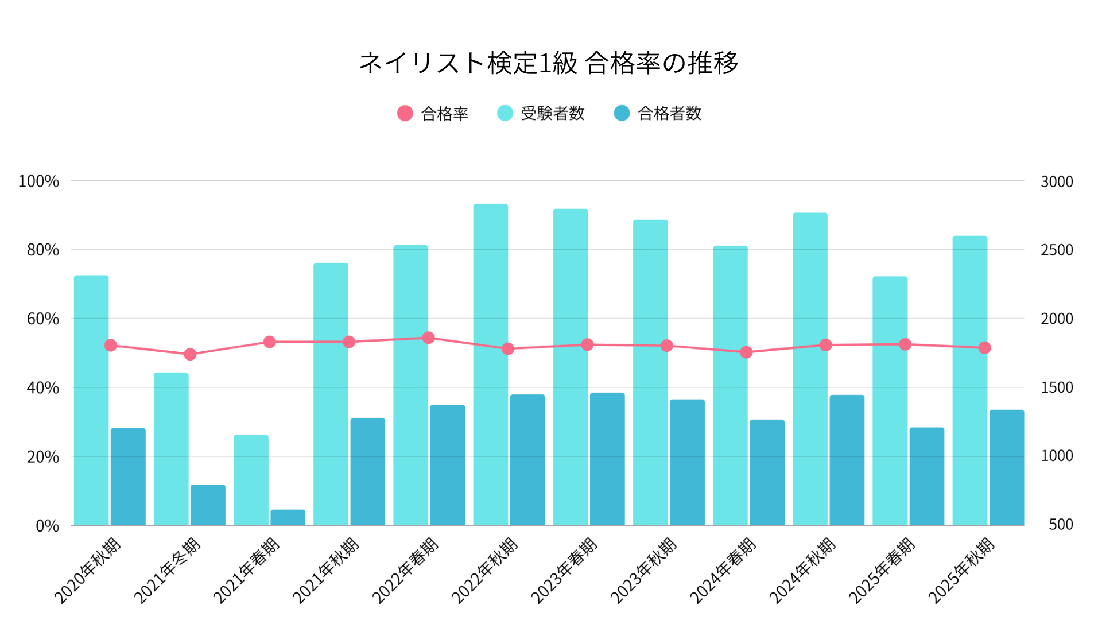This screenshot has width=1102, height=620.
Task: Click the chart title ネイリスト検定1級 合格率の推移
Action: (548, 63)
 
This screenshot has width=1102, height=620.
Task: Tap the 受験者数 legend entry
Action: (541, 113)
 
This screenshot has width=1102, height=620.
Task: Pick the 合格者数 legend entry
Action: (658, 113)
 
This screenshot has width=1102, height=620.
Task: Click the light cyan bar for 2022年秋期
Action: (490, 365)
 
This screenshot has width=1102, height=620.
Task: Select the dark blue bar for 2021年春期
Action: (288, 517)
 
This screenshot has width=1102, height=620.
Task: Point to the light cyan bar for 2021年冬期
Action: (171, 449)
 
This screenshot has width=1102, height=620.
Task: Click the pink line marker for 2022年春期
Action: (428, 338)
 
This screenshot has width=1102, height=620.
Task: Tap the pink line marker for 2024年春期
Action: (746, 352)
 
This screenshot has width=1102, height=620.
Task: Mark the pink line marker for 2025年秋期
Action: (984, 347)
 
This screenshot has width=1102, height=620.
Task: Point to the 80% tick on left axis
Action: (43, 250)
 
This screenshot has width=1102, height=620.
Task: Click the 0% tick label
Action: (47, 525)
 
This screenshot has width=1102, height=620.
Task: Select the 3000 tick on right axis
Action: (1057, 181)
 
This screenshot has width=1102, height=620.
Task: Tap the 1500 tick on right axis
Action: (1057, 387)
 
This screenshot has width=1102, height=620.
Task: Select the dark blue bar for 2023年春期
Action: (607, 459)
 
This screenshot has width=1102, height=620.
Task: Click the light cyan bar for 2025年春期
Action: (890, 401)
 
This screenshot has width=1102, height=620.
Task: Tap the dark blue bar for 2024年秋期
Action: (847, 460)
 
